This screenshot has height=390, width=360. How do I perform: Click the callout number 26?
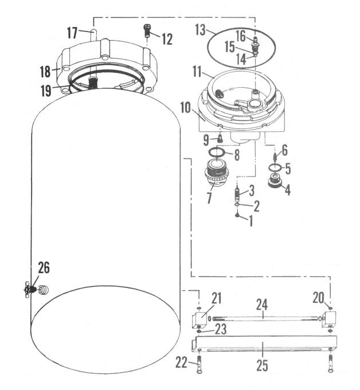(x=44, y=267)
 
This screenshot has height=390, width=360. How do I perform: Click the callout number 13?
(x=200, y=29)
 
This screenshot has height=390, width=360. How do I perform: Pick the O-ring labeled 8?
(x=216, y=153)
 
